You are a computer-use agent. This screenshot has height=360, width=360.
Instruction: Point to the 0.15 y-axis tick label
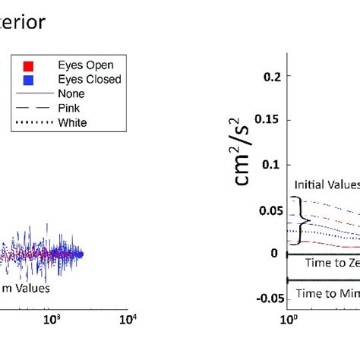click(x=267, y=121)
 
